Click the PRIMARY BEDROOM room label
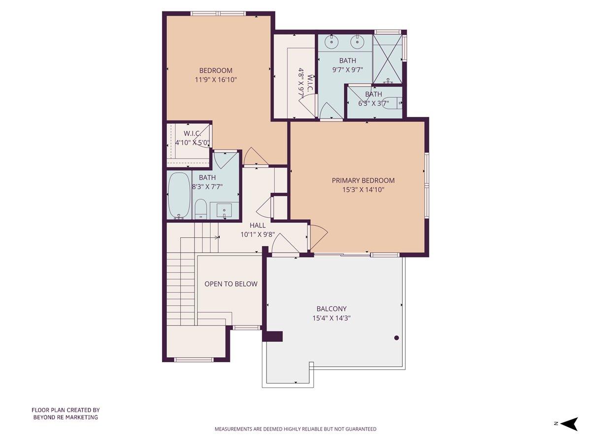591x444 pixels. click(363, 181)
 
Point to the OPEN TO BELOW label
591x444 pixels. click(230, 284)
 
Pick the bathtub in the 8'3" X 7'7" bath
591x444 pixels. click(179, 195)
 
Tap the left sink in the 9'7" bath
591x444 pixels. click(333, 41)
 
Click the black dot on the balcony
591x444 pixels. click(396, 338)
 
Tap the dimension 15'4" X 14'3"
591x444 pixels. click(331, 319)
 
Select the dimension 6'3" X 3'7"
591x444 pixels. click(373, 103)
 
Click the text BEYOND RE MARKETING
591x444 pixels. click(66, 417)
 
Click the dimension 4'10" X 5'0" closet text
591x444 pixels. click(193, 143)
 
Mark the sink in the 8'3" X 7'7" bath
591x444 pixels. click(224, 210)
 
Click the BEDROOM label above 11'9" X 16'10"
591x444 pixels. click(216, 70)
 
